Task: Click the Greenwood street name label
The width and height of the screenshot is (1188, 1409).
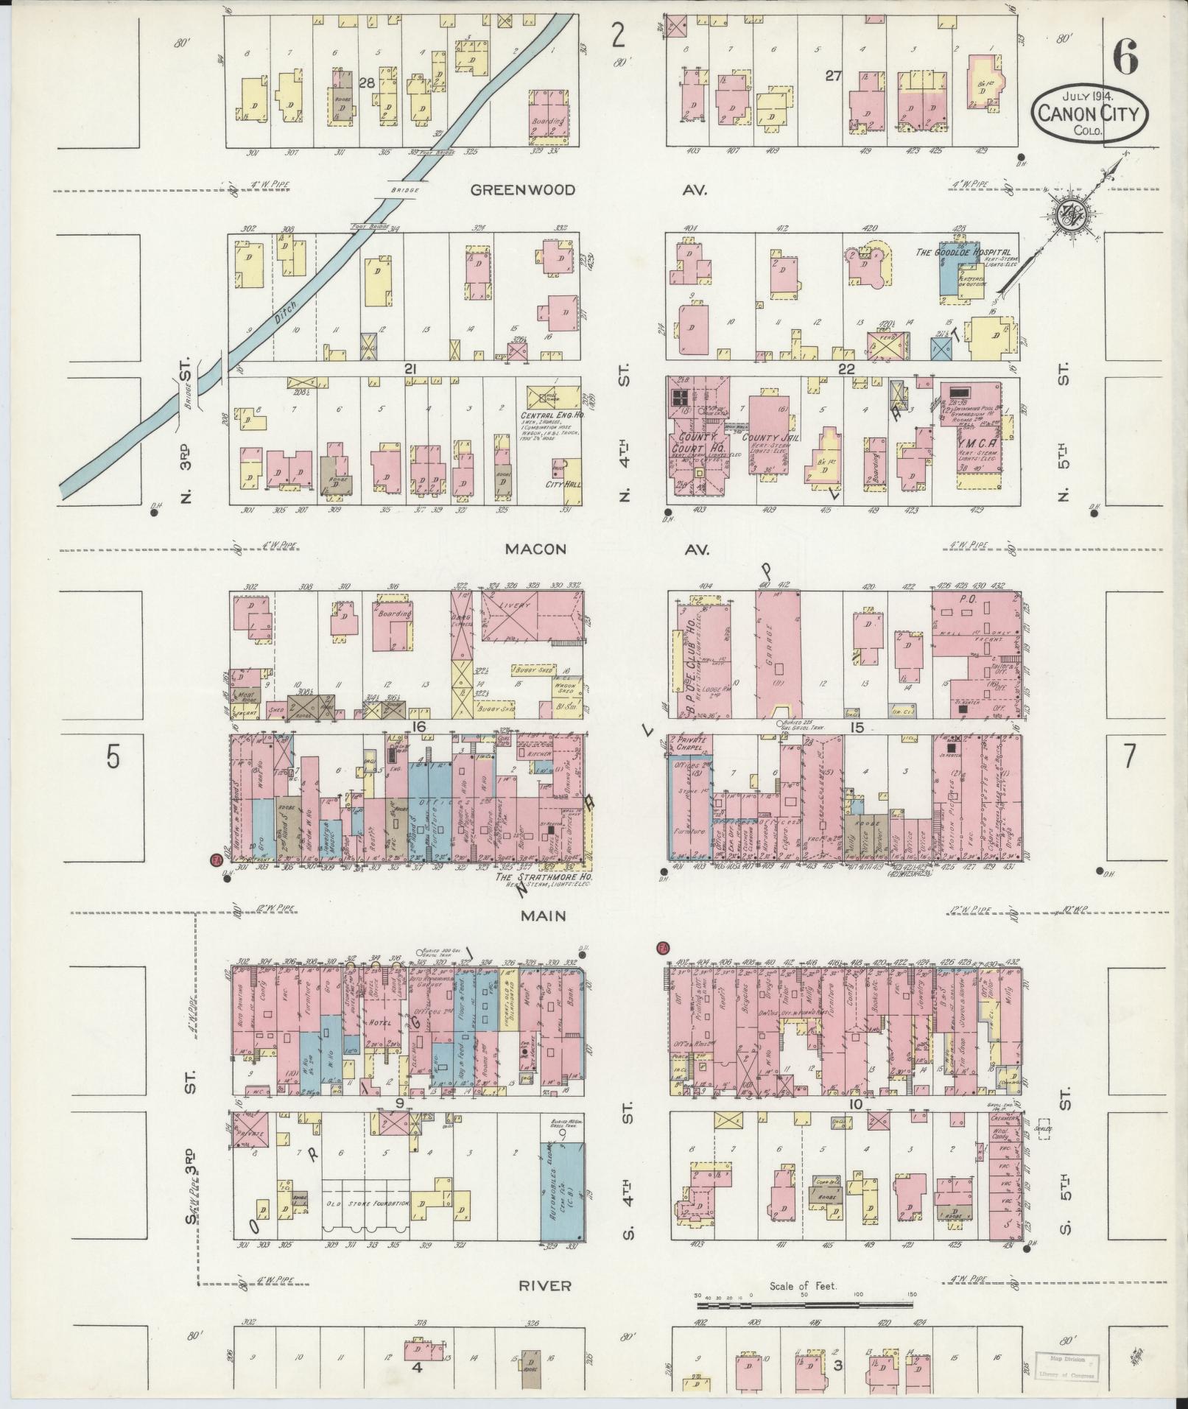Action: click(523, 190)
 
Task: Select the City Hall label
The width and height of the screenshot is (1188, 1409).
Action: click(560, 484)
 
